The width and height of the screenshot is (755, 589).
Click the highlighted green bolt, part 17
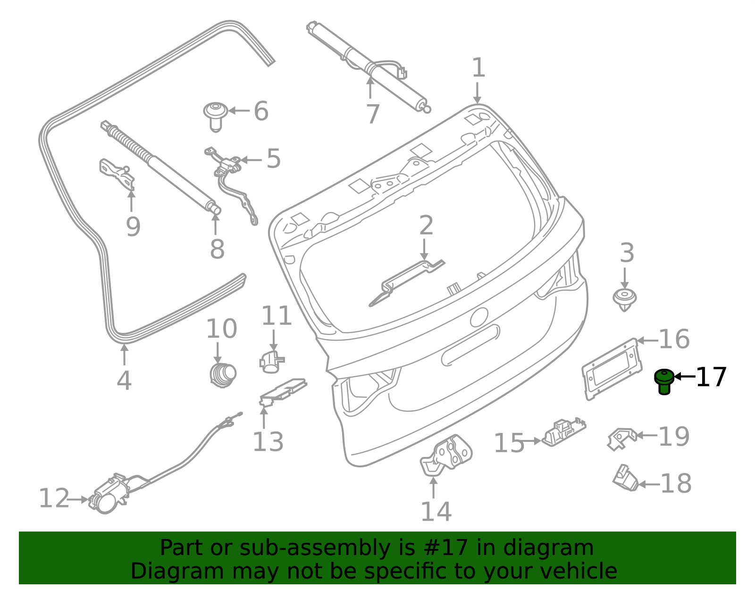pos(664,381)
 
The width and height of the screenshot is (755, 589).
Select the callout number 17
pos(711,377)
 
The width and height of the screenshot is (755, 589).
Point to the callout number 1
pos(478,68)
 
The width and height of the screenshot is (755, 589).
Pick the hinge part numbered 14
pos(446,456)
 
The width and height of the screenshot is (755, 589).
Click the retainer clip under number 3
pos(625,299)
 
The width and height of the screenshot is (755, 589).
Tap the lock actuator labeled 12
pos(109,498)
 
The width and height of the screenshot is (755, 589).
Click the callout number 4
pos(124,381)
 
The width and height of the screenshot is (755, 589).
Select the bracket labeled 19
pos(621,437)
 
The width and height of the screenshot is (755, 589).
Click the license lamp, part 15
pos(563,431)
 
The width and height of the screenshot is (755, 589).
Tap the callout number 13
pos(268,442)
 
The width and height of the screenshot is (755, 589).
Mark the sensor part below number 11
pos(271,361)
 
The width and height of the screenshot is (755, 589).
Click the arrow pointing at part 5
pos(251,160)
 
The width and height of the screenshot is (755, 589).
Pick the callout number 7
pos(373,114)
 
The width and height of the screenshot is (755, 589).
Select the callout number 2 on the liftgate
pos(426,226)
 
